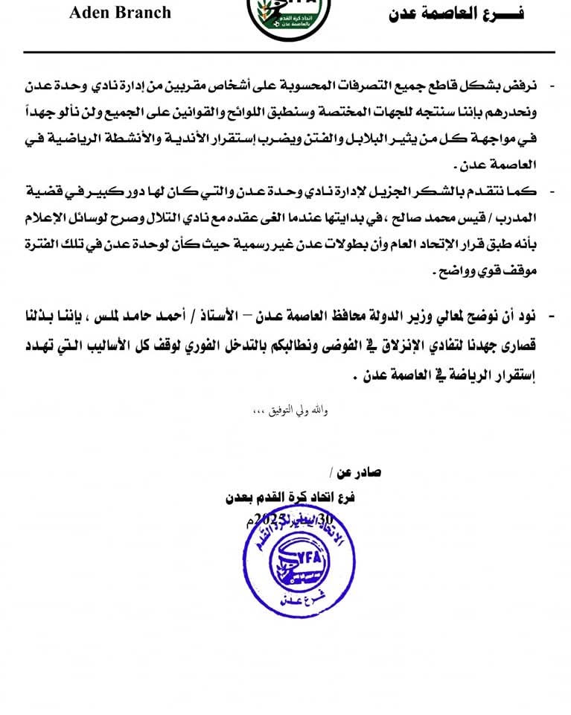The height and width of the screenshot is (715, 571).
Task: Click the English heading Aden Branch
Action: pyautogui.click(x=121, y=12)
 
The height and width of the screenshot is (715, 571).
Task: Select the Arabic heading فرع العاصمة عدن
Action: pyautogui.click(x=456, y=13)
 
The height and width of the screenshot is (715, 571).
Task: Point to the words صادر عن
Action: pyautogui.click(x=358, y=474)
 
